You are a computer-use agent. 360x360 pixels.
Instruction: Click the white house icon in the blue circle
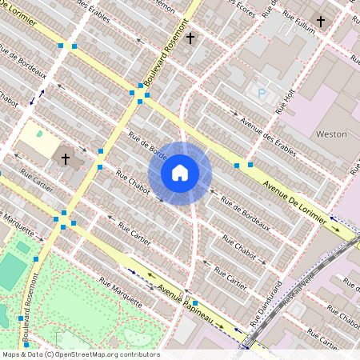click(x=180, y=173)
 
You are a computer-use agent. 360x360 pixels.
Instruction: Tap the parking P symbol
click(x=261, y=94)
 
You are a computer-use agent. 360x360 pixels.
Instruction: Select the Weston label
click(x=331, y=134)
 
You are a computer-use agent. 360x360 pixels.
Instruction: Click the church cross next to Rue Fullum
click(x=321, y=21)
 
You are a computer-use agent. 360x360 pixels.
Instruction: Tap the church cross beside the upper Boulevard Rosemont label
click(x=190, y=38)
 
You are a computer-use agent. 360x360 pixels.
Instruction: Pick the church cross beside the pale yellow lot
click(x=66, y=158)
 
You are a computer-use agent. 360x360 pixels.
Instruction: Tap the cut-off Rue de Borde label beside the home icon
click(x=147, y=148)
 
